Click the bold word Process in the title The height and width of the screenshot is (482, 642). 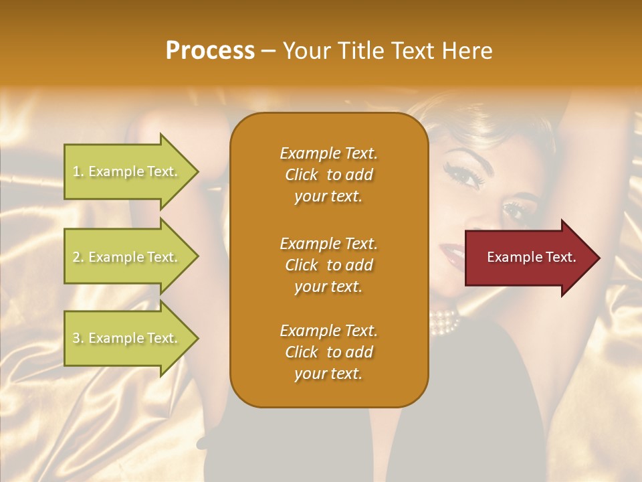click(210, 51)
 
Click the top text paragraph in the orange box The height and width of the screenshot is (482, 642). click(328, 175)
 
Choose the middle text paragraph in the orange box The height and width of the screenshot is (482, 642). click(328, 265)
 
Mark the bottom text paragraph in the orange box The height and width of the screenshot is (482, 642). click(328, 352)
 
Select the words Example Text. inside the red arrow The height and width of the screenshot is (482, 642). click(532, 257)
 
